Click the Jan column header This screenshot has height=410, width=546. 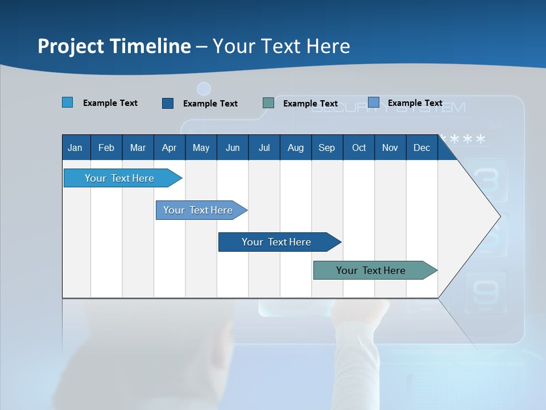pos(76,147)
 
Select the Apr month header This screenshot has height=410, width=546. pos(169,147)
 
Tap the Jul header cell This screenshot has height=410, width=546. pos(264,147)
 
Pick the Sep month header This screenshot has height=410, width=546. pos(327,147)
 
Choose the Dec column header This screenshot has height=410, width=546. pos(421,147)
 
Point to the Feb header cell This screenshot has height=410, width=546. pos(106,147)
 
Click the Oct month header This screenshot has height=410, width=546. pos(359,147)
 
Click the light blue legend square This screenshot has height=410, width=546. pos(68,102)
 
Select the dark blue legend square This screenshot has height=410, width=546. pos(168,103)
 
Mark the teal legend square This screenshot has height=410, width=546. pos(268,102)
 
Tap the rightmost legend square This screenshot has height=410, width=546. pos(374,102)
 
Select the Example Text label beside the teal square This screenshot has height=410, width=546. pos(311,104)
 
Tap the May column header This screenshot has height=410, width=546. pos(201,147)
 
